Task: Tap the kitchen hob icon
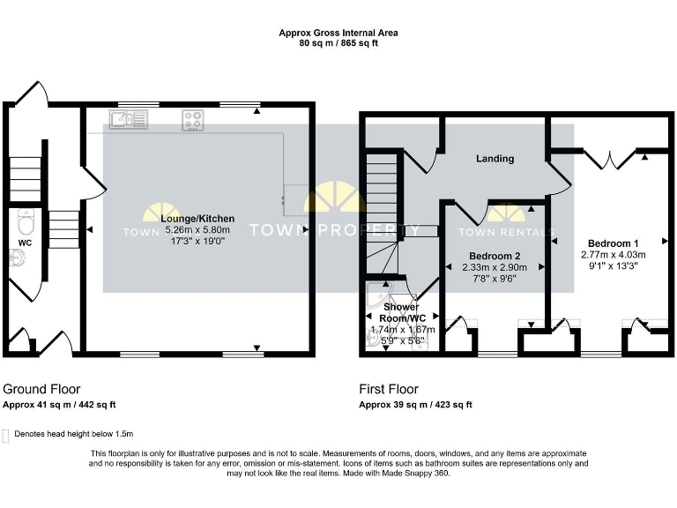(x=193, y=120)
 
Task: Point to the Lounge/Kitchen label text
(x=197, y=218)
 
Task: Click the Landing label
(x=495, y=159)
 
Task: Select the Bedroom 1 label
(x=614, y=243)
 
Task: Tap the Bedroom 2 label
(x=494, y=257)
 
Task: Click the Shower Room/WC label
(x=401, y=312)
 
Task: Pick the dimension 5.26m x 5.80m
(x=197, y=229)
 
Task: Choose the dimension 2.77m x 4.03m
(x=614, y=254)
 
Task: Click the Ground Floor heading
(x=41, y=388)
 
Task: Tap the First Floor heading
(x=389, y=388)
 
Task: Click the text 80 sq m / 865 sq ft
(x=338, y=42)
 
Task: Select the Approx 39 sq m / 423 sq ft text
(x=415, y=405)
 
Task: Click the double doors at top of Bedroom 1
(x=609, y=158)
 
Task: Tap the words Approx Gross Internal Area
(x=338, y=33)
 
